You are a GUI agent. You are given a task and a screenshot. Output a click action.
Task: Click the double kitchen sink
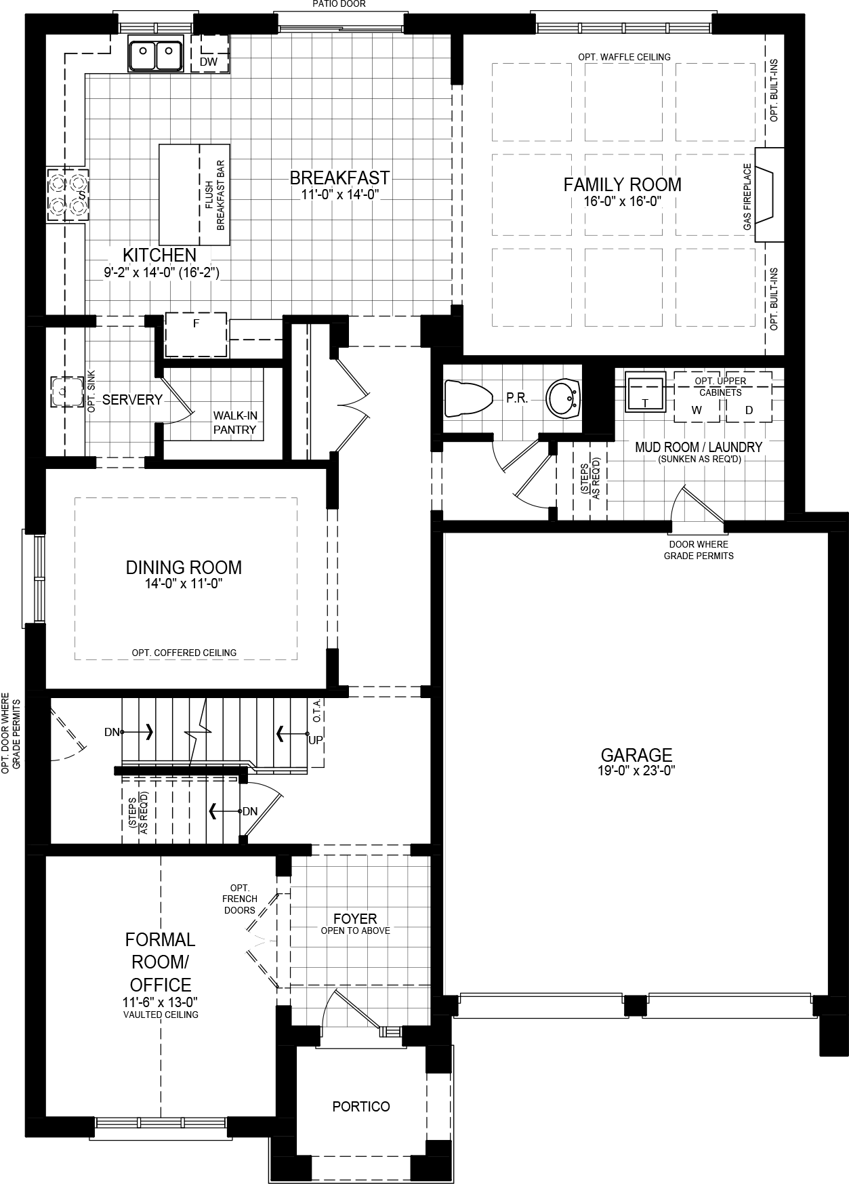[x=156, y=54]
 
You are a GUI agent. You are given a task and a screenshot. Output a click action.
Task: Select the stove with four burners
[x=67, y=195]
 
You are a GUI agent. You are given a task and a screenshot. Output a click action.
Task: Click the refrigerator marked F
[x=196, y=334]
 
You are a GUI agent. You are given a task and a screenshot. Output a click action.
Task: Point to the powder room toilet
[x=468, y=398]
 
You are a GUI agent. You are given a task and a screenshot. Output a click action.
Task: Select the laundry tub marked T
[x=644, y=394]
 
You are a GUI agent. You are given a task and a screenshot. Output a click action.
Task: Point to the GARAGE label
[x=636, y=754]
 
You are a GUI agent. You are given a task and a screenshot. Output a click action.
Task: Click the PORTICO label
[x=361, y=1107]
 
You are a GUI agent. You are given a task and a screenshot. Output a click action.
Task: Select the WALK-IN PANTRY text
[x=235, y=422]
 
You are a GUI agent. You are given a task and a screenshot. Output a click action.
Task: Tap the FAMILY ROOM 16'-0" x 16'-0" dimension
[x=622, y=201]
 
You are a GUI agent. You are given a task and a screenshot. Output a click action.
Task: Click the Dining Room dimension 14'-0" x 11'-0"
[x=184, y=583]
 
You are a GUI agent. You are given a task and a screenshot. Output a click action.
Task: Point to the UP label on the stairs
[x=315, y=739]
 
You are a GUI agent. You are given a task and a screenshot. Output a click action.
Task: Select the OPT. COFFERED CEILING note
[x=184, y=653]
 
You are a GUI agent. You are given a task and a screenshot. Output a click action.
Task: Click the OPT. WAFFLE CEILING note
[x=624, y=57]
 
